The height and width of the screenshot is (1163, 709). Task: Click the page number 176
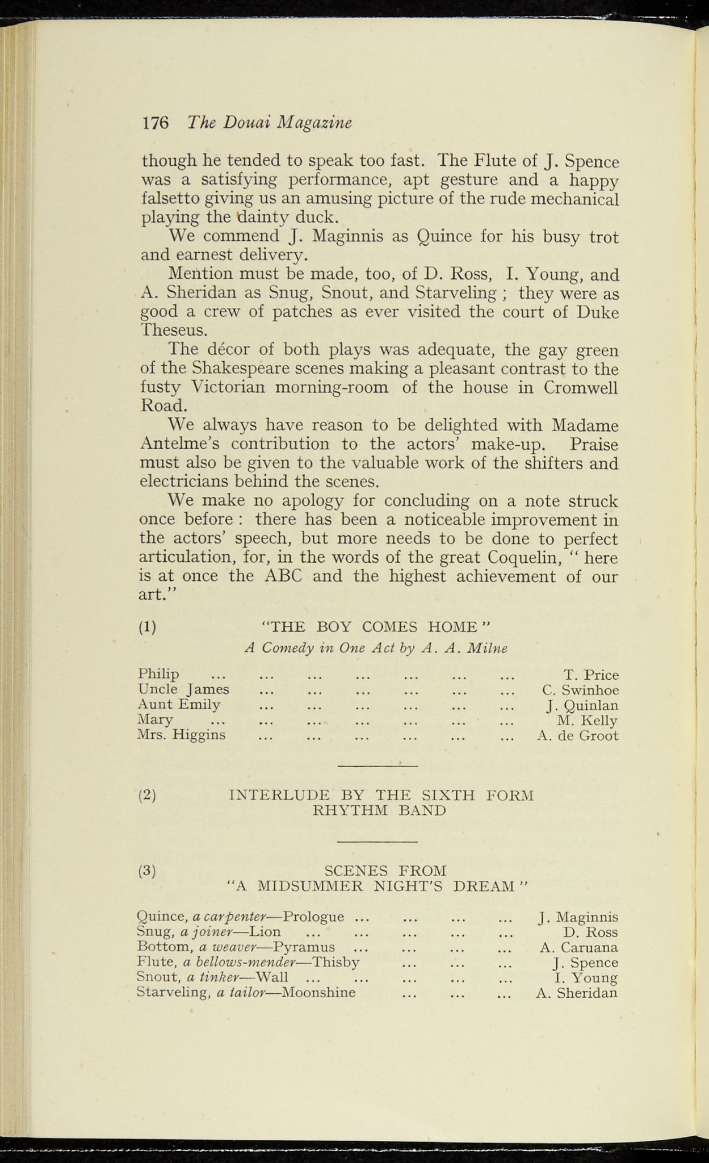coord(156,123)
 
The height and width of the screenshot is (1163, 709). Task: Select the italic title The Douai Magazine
coord(270,123)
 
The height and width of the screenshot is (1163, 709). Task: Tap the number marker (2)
coord(148,794)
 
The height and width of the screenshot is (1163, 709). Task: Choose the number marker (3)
coord(148,871)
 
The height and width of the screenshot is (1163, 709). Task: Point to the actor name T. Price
coord(591,675)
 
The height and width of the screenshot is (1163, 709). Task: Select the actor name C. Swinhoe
coord(580,691)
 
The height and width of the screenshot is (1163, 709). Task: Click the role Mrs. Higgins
coord(182,735)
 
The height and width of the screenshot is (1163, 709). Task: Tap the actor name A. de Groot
coord(577,736)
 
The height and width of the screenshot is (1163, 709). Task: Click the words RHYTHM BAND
coord(379,810)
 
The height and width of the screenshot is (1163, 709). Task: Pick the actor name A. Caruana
coord(578,947)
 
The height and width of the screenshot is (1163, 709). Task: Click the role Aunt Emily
coord(179,705)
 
